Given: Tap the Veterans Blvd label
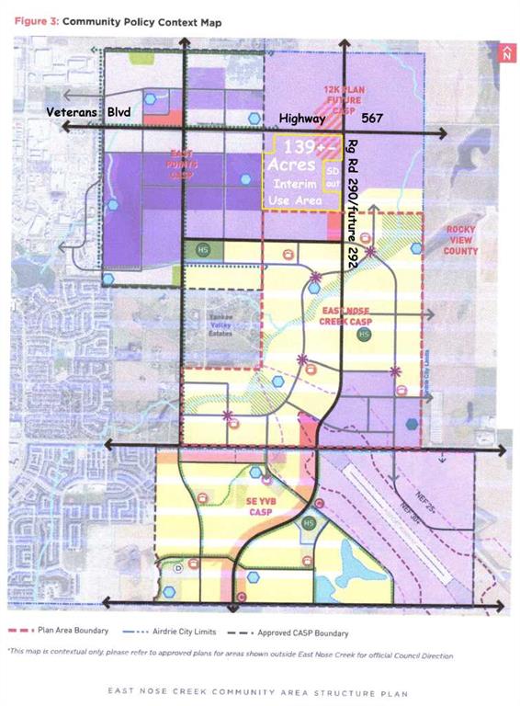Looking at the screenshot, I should [x=89, y=112].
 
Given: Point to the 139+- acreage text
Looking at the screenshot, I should [x=304, y=148].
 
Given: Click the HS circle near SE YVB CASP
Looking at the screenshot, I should [x=309, y=522].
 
